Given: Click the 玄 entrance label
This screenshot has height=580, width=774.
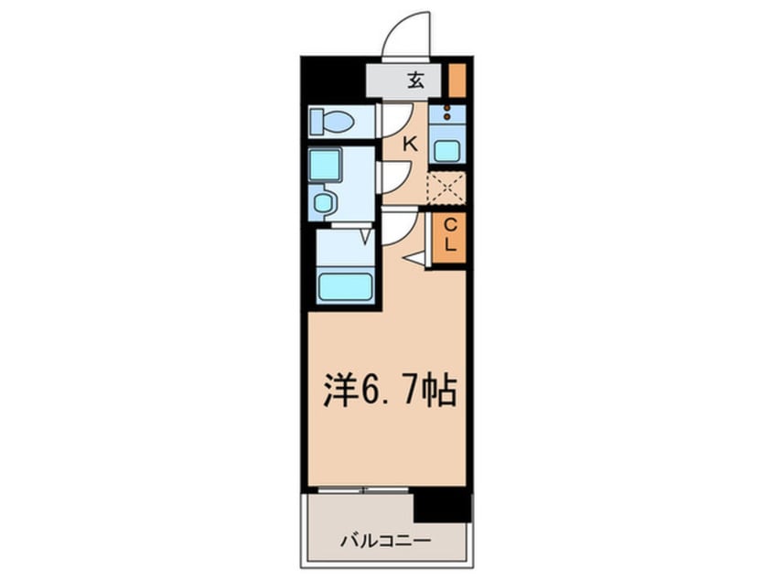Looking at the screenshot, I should [415, 81].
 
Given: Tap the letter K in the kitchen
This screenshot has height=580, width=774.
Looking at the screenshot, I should [410, 144].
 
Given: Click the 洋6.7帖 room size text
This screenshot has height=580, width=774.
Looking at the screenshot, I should [389, 392].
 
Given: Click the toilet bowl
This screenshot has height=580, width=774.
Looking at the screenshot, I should [330, 121].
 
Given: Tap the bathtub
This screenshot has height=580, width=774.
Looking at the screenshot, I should [345, 285].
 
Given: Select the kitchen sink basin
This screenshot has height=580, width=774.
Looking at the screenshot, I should [446, 150].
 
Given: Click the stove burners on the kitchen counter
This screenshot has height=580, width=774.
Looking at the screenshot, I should [446, 115].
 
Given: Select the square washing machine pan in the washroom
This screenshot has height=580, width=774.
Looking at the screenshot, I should [324, 165].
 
